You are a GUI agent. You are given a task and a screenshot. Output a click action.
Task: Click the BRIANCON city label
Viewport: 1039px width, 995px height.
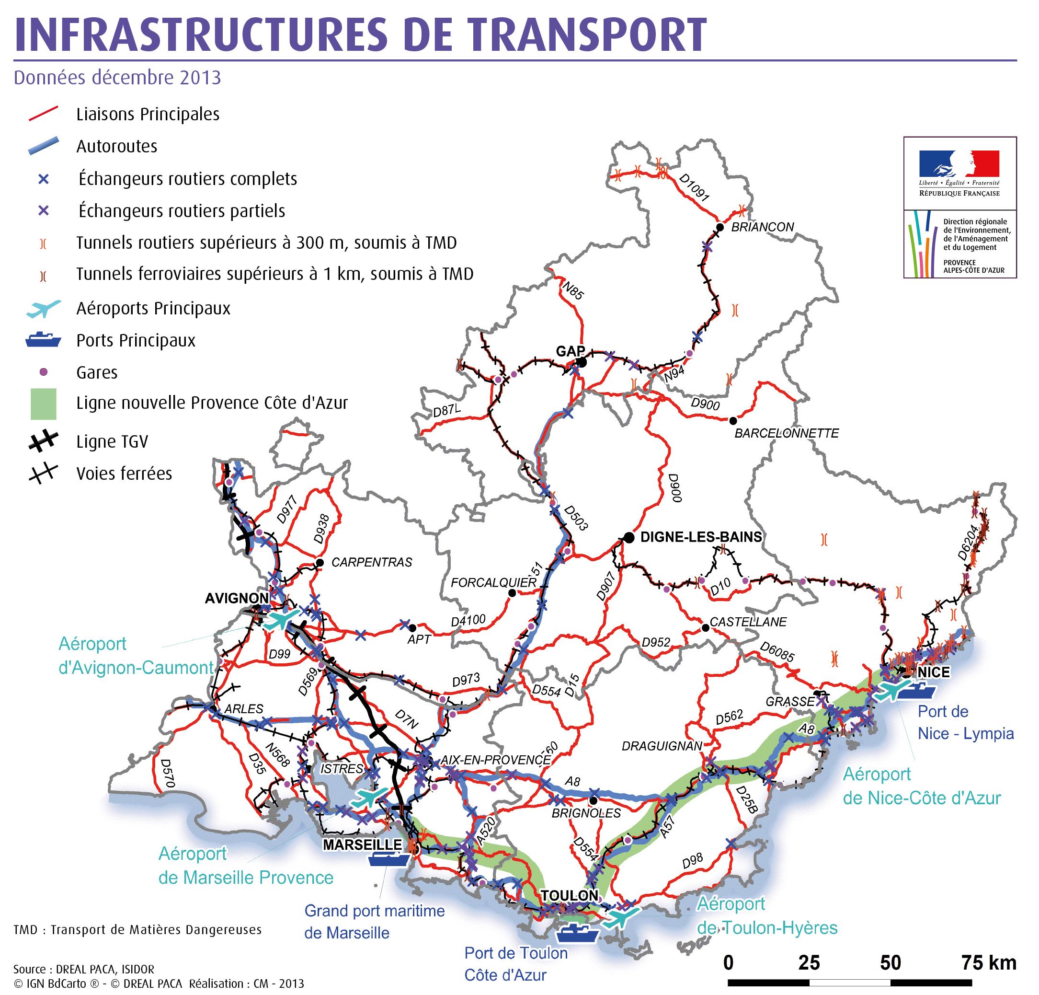point(762,227)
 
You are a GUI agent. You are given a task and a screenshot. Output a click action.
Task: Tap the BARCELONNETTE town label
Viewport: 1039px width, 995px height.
point(786,433)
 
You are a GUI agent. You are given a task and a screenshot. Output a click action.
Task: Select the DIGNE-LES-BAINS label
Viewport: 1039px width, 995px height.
point(701,537)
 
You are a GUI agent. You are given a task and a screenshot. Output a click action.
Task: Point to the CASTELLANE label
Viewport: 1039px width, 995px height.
point(748,622)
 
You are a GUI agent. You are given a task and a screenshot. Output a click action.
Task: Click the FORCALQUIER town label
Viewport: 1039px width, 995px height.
point(493,583)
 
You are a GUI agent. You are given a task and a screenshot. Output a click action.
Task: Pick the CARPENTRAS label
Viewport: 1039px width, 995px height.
point(372,562)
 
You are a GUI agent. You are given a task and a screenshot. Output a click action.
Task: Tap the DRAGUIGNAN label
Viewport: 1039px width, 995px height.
point(662,746)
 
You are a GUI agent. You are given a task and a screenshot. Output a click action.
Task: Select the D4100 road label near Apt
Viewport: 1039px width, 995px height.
point(468,620)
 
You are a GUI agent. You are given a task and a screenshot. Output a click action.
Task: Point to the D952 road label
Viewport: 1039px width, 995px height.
point(656,642)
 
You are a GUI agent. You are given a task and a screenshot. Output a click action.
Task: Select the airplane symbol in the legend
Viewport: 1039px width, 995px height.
point(44,308)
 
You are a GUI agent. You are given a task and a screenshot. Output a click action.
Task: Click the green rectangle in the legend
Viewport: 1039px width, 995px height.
point(43,403)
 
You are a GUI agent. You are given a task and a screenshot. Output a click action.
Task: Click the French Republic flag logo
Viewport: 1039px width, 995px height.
point(959,163)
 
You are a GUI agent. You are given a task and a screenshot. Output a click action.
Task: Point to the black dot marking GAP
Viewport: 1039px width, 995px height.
point(582,362)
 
